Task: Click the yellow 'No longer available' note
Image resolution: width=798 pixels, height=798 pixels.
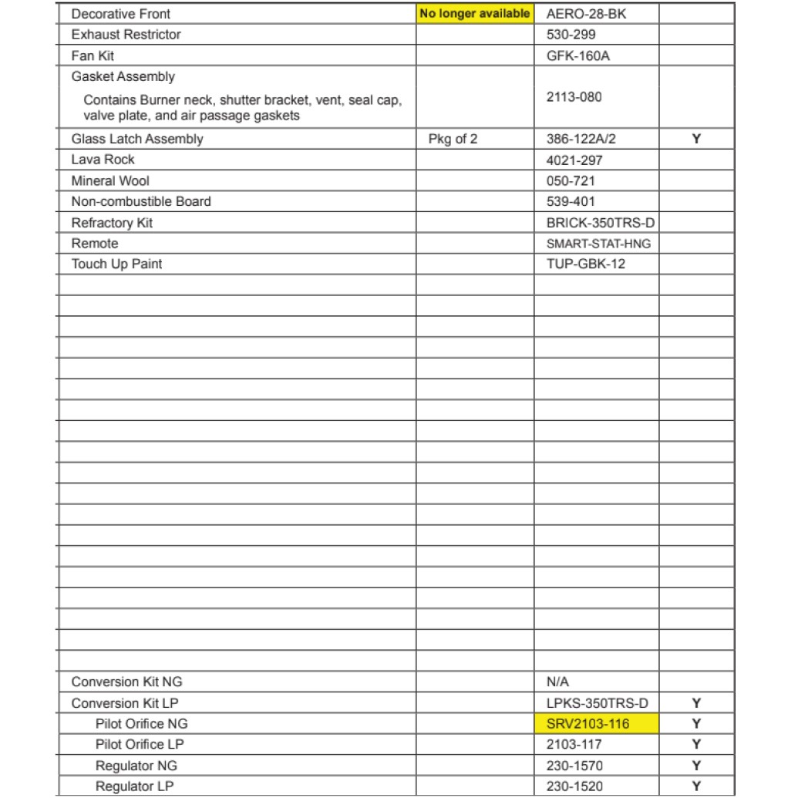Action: [x=474, y=14]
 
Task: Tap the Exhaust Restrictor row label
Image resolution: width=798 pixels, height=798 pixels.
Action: [x=126, y=35]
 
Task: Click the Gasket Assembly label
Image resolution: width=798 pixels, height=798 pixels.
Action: [x=123, y=76]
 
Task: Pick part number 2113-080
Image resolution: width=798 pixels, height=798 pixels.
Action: [x=574, y=97]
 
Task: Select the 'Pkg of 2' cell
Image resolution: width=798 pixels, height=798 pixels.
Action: [x=453, y=140]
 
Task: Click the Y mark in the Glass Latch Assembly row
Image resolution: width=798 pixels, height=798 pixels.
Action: [x=696, y=140]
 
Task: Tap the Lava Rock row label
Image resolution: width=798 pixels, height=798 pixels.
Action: [x=103, y=160]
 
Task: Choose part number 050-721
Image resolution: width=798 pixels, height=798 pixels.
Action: [x=571, y=181]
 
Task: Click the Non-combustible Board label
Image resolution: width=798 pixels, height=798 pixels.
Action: [x=141, y=202]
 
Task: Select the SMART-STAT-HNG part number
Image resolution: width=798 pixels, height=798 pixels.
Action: [x=598, y=244]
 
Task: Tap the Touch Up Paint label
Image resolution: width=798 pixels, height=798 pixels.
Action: [x=116, y=264]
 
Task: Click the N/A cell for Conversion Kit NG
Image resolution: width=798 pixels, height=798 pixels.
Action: [x=558, y=682]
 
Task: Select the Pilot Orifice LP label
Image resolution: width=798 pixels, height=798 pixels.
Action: [x=140, y=745]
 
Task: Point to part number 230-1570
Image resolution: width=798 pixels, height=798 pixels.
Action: [x=574, y=766]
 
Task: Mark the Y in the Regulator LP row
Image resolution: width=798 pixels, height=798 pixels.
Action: [x=696, y=786]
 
